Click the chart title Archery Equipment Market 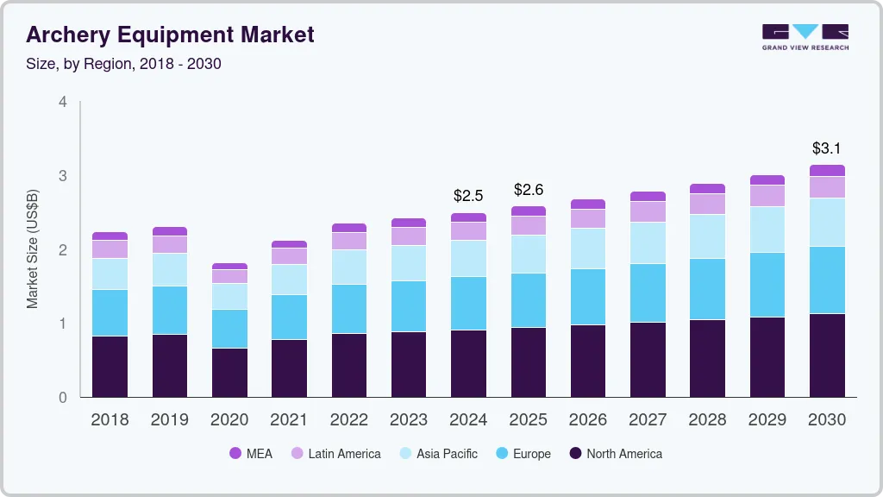(170, 35)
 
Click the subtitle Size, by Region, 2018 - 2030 (123, 64)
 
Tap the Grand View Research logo (805, 36)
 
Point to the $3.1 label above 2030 (827, 148)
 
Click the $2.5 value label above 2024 (468, 196)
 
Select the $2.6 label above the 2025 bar (528, 189)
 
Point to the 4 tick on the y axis (62, 102)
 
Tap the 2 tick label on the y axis (62, 250)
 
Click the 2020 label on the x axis (229, 420)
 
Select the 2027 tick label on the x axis (648, 420)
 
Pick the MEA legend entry (251, 453)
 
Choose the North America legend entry (616, 453)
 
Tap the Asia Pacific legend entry (437, 453)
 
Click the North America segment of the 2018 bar (110, 366)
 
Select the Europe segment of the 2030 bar (827, 280)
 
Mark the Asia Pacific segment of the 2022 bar (349, 267)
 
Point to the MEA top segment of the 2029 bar (767, 179)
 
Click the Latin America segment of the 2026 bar (587, 218)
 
